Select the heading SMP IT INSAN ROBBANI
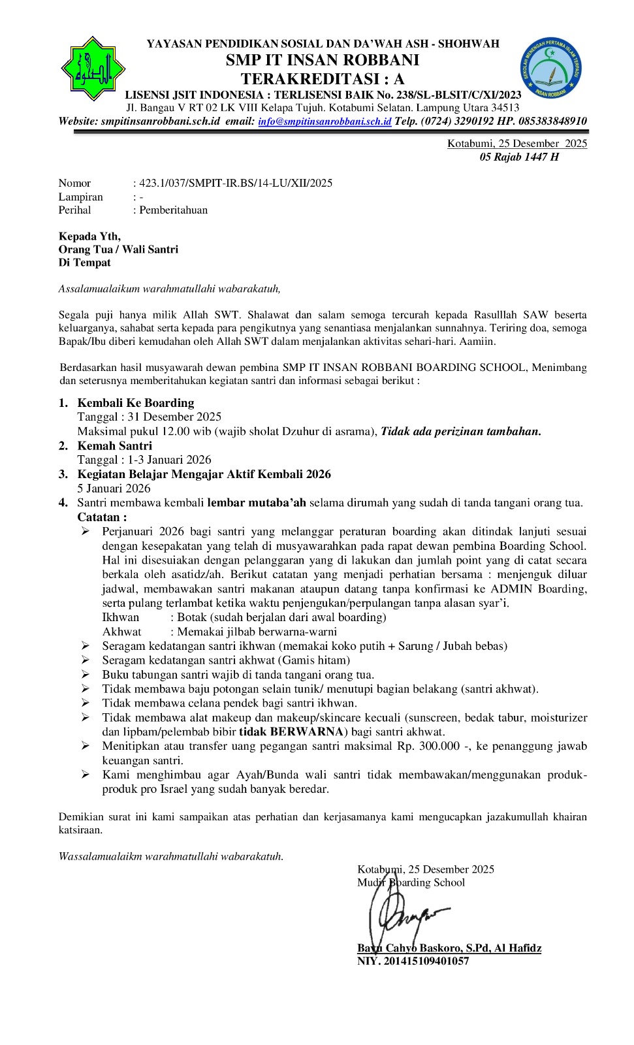[x=323, y=61]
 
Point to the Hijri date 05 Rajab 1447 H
[x=519, y=157]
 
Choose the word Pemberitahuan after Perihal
[x=173, y=210]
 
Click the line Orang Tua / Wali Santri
[x=118, y=249]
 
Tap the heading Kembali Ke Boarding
[x=136, y=403]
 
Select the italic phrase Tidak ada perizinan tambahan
[x=460, y=431]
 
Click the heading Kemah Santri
[x=114, y=446]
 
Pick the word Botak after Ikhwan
[x=191, y=617]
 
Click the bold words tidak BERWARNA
[x=291, y=732]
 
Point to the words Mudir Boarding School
[x=411, y=883]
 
